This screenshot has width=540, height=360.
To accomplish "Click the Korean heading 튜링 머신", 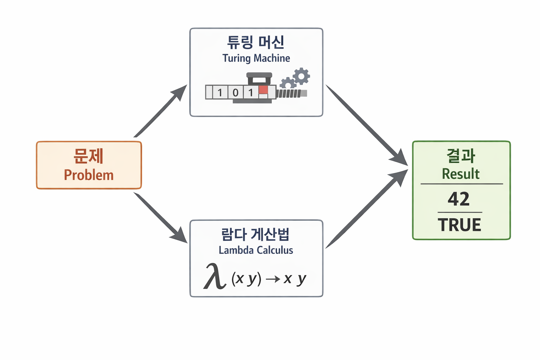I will coord(256,42).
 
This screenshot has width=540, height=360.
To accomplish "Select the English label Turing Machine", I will coord(256,58).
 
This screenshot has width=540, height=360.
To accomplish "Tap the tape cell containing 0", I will coord(236,92).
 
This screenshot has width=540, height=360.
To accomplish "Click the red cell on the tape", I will coord(263,90).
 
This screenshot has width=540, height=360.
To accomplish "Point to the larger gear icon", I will coord(301,76).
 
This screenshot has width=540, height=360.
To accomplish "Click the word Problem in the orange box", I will coord(89,175).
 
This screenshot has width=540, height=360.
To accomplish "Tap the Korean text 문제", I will coord(89,156).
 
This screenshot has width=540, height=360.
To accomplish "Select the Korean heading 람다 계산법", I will coord(256,234).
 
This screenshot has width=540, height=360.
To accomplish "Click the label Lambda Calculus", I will coord(256,250).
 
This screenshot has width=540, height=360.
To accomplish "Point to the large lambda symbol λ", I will coord(214,277).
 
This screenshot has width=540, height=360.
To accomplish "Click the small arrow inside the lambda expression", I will coord(273,279).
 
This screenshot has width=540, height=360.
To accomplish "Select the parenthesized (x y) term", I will coord(246,279).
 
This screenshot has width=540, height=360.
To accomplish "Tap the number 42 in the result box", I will coord(459,199).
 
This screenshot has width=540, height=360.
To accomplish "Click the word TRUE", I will coord(459,225).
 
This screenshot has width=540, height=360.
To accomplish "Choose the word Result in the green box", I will coord(461,174).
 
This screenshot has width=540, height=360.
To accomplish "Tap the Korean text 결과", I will coord(461,156).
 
